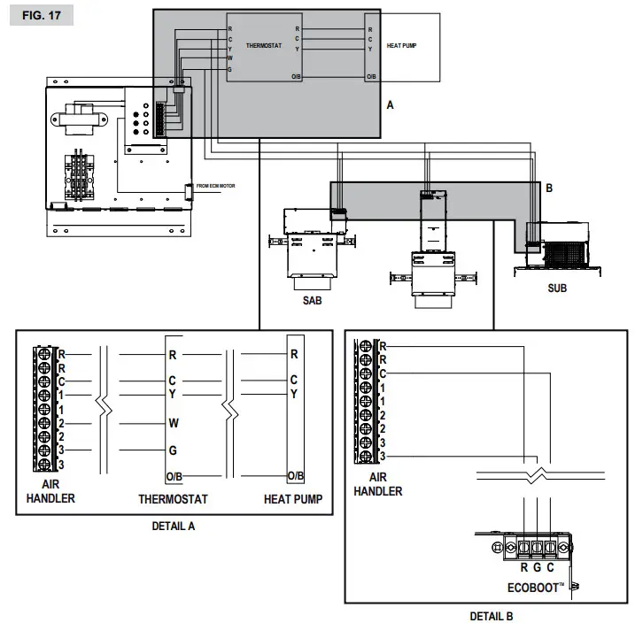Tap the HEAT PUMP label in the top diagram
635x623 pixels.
point(404,44)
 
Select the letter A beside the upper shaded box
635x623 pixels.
point(390,104)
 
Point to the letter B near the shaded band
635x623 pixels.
point(548,188)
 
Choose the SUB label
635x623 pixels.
point(557,288)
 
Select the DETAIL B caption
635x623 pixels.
point(491,616)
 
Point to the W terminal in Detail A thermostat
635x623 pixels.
point(174,423)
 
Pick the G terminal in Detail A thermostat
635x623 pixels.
point(174,450)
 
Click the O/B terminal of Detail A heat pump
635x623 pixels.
point(295,476)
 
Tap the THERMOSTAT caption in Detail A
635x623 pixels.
point(173,499)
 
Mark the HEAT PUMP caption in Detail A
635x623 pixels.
point(293,499)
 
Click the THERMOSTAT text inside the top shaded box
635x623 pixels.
point(264,45)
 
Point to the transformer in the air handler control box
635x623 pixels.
point(78,120)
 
